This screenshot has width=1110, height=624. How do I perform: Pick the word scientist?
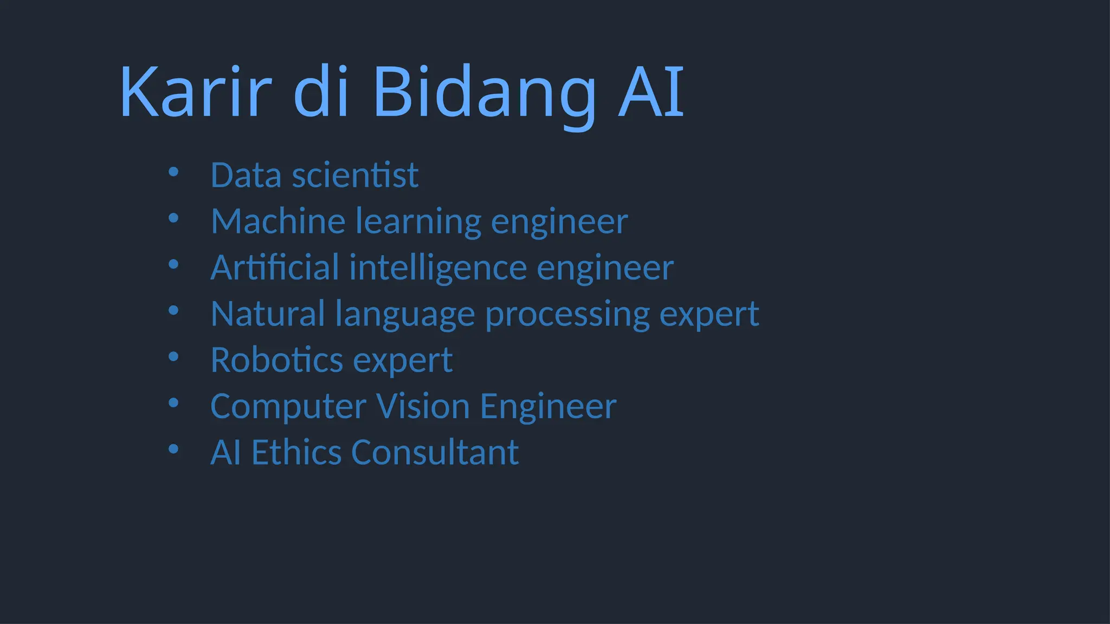(x=355, y=175)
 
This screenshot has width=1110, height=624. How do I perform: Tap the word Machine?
(x=278, y=222)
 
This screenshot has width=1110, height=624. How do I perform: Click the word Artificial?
(x=275, y=268)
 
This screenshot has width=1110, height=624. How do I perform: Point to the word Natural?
(x=268, y=314)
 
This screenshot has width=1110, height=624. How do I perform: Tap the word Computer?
(x=288, y=407)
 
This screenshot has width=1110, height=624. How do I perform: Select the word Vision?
(x=423, y=406)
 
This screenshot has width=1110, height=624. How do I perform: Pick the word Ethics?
(x=296, y=452)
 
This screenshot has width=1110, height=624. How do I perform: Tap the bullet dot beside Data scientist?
(x=173, y=172)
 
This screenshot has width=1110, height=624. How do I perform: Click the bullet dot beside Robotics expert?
(x=173, y=357)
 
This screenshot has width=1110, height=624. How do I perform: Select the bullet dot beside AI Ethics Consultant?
(x=173, y=449)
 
